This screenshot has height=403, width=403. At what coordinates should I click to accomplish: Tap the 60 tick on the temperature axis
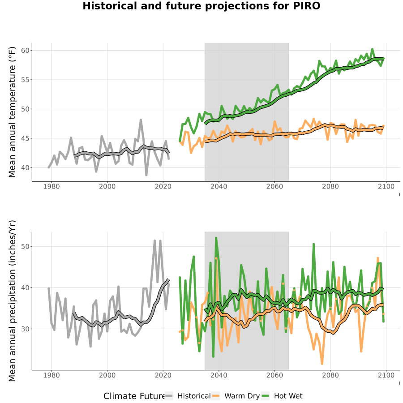pyautogui.click(x=25, y=50)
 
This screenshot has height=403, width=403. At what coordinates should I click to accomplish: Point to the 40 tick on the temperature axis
pyautogui.click(x=25, y=167)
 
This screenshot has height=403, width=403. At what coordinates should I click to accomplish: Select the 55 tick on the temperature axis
pyautogui.click(x=25, y=80)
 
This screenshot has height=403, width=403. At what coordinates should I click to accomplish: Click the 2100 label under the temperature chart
pyautogui.click(x=386, y=186)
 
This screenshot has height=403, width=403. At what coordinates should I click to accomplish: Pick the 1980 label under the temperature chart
pyautogui.click(x=51, y=186)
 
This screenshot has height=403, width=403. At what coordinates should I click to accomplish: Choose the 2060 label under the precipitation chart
pyautogui.click(x=274, y=375)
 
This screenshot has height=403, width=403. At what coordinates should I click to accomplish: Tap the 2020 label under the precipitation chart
pyautogui.click(x=163, y=375)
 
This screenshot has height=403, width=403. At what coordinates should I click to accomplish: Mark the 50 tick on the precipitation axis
pyautogui.click(x=25, y=246)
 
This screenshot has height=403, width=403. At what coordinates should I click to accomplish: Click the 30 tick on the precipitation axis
pyautogui.click(x=25, y=329)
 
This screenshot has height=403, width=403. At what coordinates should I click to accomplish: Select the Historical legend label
pyautogui.click(x=194, y=396)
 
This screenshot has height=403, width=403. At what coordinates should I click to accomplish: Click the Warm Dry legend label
pyautogui.click(x=242, y=396)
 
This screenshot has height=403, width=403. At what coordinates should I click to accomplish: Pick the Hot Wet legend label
pyautogui.click(x=288, y=396)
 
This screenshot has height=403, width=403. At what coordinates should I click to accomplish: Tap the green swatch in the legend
pyautogui.click(x=265, y=396)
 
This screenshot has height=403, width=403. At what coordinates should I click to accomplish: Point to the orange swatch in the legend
pyautogui.click(x=216, y=396)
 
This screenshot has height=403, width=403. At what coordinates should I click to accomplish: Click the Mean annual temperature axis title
pyautogui.click(x=12, y=112)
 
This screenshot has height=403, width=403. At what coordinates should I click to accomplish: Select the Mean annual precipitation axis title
pyautogui.click(x=12, y=301)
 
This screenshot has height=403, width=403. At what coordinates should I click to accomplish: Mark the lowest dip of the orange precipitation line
pyautogui.click(x=322, y=364)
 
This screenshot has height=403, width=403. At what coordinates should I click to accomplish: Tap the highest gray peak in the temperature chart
pyautogui.click(x=141, y=120)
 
